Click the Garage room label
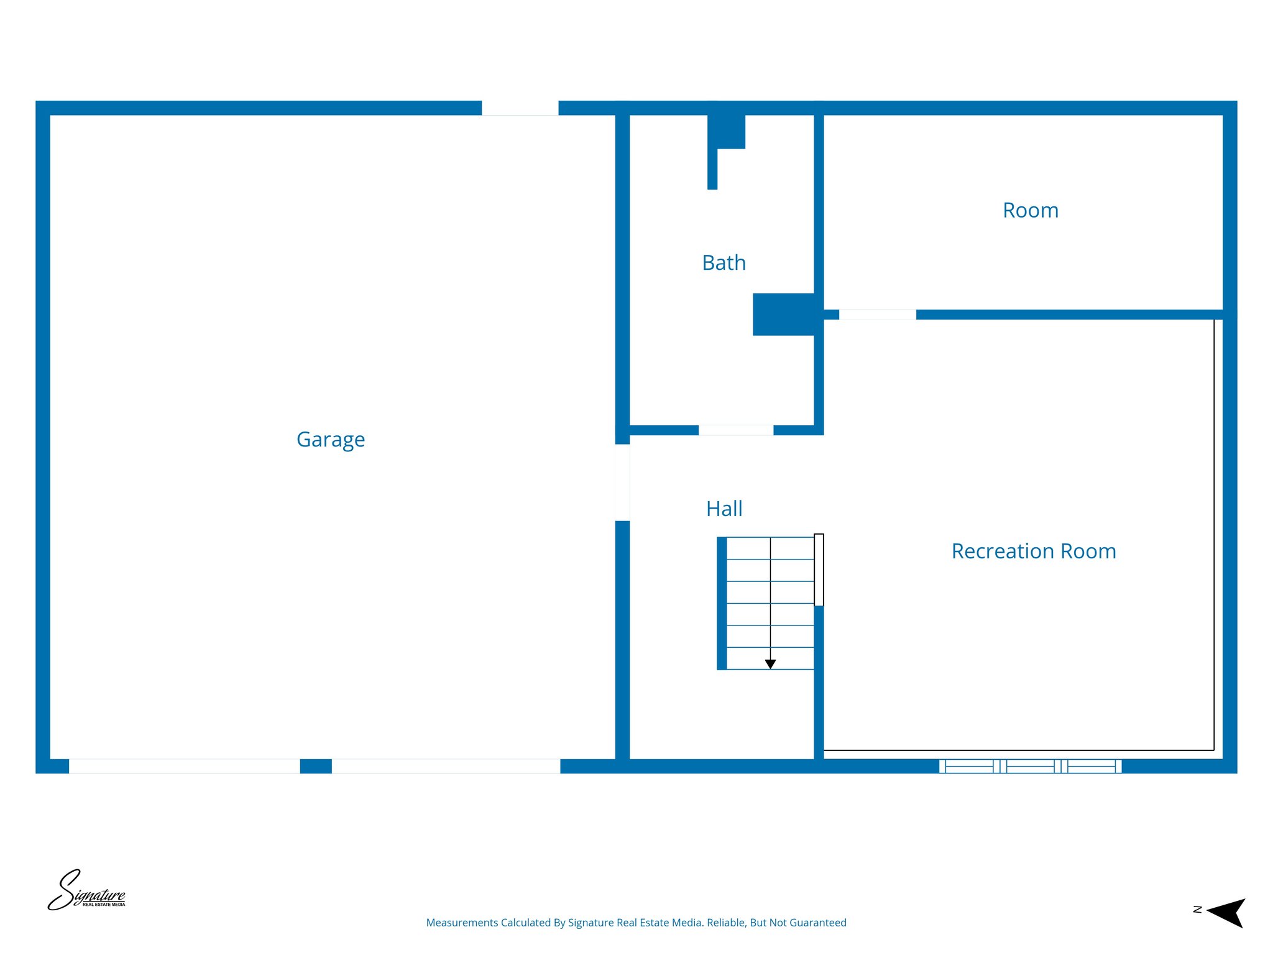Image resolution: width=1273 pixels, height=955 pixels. (331, 440)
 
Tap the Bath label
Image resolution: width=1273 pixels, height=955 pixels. (724, 263)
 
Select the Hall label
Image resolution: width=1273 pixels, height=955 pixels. (724, 509)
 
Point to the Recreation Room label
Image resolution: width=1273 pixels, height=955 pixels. (1034, 551)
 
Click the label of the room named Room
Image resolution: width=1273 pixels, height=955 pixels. (1031, 211)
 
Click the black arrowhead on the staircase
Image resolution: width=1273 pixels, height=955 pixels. (770, 664)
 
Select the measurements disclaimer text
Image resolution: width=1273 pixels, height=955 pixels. (636, 923)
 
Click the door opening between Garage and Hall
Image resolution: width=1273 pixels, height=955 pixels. (622, 482)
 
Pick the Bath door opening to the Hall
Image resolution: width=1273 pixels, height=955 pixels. (736, 430)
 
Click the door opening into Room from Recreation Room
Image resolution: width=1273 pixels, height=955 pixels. (877, 315)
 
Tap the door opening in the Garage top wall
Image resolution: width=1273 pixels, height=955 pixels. (520, 108)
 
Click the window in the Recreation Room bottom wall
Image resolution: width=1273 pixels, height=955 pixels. (1030, 766)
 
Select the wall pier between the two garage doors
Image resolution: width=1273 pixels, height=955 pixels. (316, 766)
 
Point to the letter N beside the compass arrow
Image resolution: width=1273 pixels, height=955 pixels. (1197, 910)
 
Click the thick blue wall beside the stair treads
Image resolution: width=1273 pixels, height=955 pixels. (722, 603)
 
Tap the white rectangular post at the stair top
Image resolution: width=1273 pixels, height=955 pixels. (819, 570)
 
